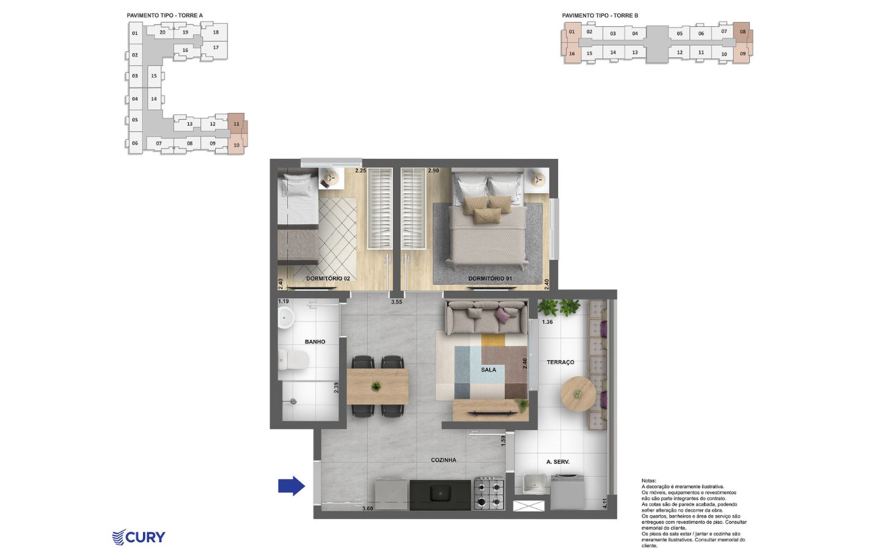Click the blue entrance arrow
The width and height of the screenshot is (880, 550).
pyautogui.click(x=291, y=486)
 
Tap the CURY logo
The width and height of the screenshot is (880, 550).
pyautogui.click(x=139, y=537)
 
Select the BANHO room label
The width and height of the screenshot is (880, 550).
pyautogui.click(x=315, y=342)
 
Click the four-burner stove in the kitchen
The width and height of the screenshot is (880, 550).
pyautogui.click(x=489, y=494)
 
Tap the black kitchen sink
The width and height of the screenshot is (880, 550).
pyautogui.click(x=440, y=493)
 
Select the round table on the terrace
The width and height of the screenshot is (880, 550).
pyautogui.click(x=578, y=394)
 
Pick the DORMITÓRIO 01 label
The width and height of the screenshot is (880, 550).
pyautogui.click(x=490, y=279)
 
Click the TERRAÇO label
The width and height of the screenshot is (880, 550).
pyautogui.click(x=560, y=362)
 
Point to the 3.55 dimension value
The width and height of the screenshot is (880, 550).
pyautogui.click(x=397, y=302)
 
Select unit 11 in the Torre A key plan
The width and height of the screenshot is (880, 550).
pyautogui.click(x=237, y=123)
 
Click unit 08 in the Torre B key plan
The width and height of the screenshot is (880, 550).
pyautogui.click(x=743, y=32)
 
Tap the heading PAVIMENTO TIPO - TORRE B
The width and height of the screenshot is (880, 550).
pyautogui.click(x=600, y=16)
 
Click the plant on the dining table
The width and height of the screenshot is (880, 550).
pyautogui.click(x=376, y=387)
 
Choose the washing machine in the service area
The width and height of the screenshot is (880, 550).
pyautogui.click(x=567, y=492)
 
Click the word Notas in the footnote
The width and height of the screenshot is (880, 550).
pyautogui.click(x=648, y=480)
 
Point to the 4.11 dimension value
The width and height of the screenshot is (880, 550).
pyautogui.click(x=605, y=504)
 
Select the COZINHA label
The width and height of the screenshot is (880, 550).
pyautogui.click(x=444, y=460)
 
